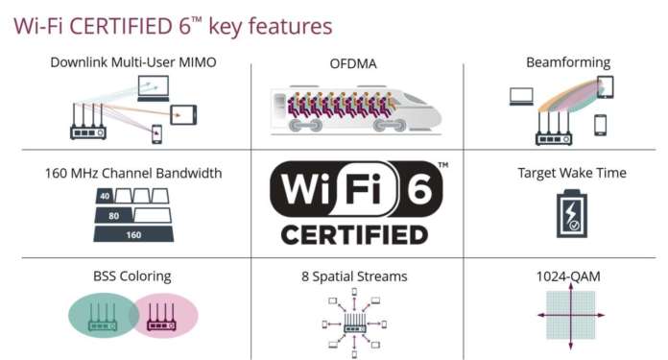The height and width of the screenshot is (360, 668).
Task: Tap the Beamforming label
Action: pyautogui.click(x=567, y=62)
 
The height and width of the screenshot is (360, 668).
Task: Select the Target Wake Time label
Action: pyautogui.click(x=571, y=173)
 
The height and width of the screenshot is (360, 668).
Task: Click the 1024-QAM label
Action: pyautogui.click(x=567, y=276)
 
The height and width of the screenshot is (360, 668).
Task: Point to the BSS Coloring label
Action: pyautogui.click(x=133, y=276)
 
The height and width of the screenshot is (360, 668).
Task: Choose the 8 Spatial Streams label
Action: pyautogui.click(x=353, y=276)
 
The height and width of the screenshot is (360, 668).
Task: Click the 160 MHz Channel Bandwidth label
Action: pyautogui.click(x=133, y=174)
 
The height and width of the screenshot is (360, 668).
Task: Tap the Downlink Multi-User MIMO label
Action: pyautogui.click(x=133, y=62)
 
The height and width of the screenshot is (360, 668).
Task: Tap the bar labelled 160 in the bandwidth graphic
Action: pyautogui.click(x=133, y=233)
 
